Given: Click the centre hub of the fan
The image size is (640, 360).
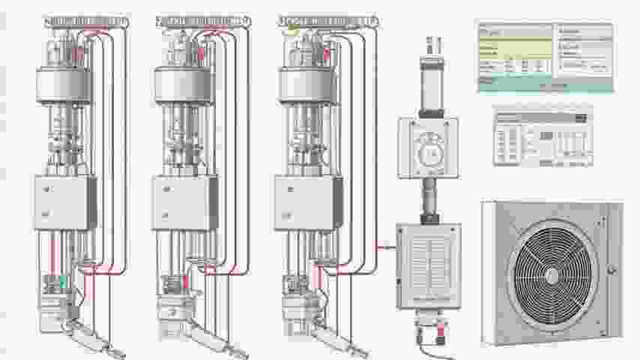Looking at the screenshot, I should [552, 276].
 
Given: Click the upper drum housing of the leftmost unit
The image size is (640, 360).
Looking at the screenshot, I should [65, 84].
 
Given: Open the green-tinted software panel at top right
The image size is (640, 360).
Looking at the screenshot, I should [545, 56].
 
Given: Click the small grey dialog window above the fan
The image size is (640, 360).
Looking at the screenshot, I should [543, 137].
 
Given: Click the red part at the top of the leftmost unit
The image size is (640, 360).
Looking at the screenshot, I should [79, 53].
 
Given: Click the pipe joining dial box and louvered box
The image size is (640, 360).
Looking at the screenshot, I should [429, 200].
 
